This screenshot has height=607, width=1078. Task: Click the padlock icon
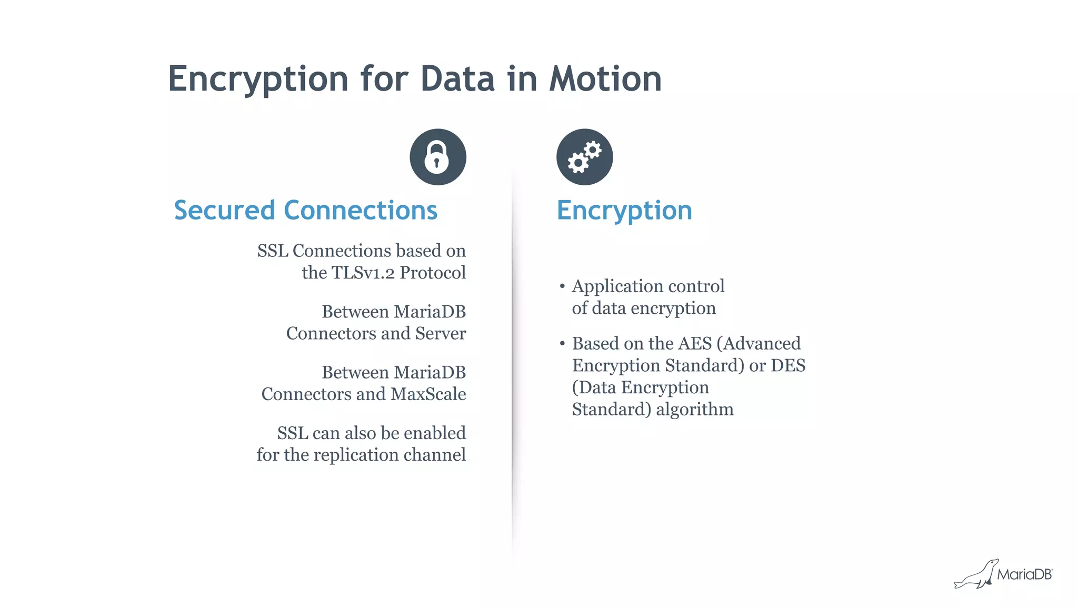click(x=437, y=157)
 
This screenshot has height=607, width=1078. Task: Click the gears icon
click(x=584, y=157)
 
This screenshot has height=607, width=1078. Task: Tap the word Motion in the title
click(x=605, y=79)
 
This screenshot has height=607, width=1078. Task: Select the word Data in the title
click(x=457, y=79)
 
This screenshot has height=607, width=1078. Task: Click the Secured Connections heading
click(x=305, y=210)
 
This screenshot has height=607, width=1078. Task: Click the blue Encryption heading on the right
click(x=624, y=210)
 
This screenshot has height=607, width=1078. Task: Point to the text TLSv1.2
click(x=363, y=273)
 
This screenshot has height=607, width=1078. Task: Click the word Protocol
click(x=433, y=273)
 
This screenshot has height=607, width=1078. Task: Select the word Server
click(x=441, y=333)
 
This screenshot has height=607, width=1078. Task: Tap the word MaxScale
click(x=428, y=394)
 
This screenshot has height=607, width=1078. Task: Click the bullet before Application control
click(x=562, y=286)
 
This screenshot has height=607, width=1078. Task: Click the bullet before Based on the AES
click(x=562, y=344)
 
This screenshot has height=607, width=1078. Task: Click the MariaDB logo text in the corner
click(x=1024, y=574)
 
